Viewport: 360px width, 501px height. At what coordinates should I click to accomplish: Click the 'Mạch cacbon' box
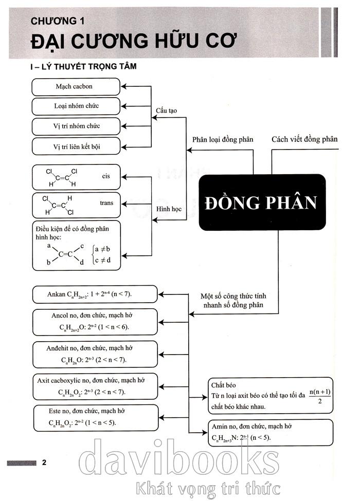coord(76,86)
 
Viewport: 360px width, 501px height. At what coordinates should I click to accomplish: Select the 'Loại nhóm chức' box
coord(76,106)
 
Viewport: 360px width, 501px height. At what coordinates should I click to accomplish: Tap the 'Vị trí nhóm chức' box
coord(76,126)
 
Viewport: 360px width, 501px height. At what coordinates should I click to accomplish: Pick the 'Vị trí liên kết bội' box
coord(76,146)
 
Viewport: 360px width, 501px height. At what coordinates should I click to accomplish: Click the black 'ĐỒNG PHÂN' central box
coord(262,202)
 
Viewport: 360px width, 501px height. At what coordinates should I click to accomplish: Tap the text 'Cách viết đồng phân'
coord(304,139)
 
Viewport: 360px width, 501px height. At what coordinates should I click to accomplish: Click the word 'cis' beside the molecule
coord(106,176)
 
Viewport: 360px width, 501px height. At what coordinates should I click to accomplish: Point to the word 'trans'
coord(106,203)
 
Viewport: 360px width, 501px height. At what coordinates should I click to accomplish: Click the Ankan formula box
coord(95,295)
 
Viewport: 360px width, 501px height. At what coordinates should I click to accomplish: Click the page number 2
coord(44,462)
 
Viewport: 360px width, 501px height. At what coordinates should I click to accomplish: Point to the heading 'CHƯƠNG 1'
coord(57,21)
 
